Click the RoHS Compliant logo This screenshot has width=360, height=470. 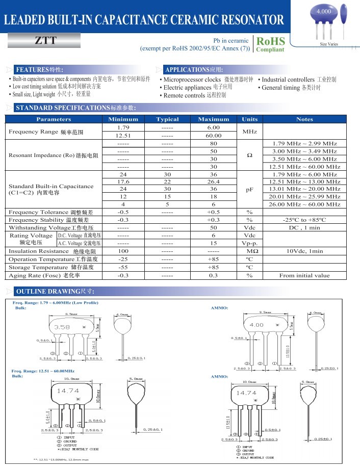point(270,44)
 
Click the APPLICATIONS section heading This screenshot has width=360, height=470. point(194,69)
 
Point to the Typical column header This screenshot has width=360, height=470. point(167,119)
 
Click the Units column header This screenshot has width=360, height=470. point(249,119)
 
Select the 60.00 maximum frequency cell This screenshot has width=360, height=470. point(213,136)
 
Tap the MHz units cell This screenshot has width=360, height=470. point(249,132)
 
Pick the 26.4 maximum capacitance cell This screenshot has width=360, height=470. point(213,181)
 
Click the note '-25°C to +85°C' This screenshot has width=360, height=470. point(304,220)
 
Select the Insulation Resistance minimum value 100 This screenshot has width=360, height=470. point(123,251)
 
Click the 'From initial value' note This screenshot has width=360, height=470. point(304,275)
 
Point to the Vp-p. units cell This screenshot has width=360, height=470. point(249,244)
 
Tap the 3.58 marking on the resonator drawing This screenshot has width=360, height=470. point(62,327)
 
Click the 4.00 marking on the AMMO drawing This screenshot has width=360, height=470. point(256,325)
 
